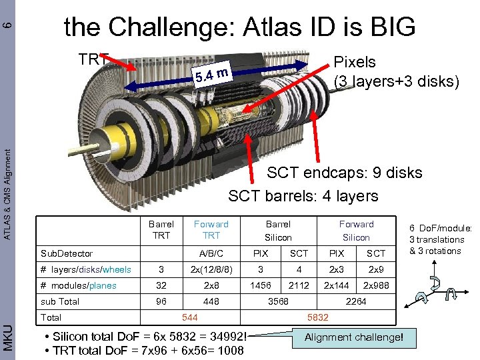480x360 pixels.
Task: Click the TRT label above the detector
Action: (x=93, y=59)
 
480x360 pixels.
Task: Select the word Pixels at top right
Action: (x=354, y=62)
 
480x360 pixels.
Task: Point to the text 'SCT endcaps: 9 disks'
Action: (x=344, y=173)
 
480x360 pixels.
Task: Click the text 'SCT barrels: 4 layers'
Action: (x=303, y=196)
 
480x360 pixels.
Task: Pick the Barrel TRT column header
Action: (x=161, y=229)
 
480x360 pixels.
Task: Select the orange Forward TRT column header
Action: (x=211, y=229)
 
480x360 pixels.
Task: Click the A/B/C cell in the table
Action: (x=211, y=253)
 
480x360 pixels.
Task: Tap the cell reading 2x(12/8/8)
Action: (x=211, y=269)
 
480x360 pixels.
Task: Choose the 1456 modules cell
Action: (x=260, y=285)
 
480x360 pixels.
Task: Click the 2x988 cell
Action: (x=375, y=285)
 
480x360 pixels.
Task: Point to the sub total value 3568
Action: (x=278, y=301)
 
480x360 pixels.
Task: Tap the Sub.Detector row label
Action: (x=67, y=253)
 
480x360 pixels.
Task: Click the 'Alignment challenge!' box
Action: (x=353, y=337)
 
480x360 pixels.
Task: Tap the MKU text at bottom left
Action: (x=7, y=337)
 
